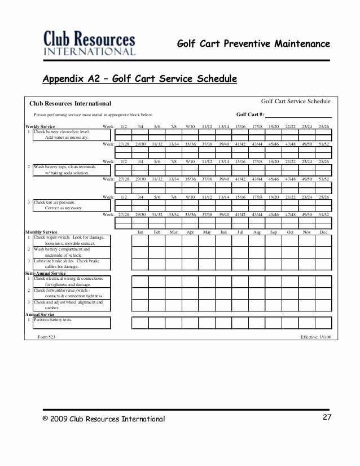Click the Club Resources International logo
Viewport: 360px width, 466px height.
coord(90,43)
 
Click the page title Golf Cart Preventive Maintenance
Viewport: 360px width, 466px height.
coord(253,43)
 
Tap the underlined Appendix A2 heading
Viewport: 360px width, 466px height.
coord(140,78)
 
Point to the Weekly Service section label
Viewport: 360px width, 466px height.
coord(41,126)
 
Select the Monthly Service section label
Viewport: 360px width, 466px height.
coord(41,232)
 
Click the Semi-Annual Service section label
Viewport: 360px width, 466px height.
coord(46,273)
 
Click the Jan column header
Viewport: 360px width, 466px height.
coord(141,232)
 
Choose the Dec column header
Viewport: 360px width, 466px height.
coord(323,232)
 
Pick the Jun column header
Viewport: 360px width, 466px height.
coord(223,232)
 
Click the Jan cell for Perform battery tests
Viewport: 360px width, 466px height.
coord(140,323)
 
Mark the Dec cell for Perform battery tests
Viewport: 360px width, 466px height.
coord(323,323)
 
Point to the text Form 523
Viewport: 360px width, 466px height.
coord(46,336)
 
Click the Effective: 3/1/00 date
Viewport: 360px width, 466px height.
coord(316,336)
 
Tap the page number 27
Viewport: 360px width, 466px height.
coord(327,417)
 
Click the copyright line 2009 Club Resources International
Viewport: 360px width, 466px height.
coord(104,419)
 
